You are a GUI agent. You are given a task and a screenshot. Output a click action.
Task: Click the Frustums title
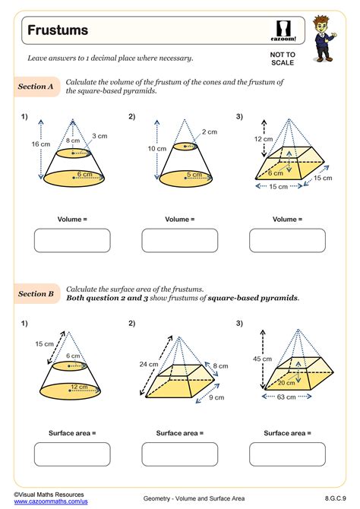click(58, 30)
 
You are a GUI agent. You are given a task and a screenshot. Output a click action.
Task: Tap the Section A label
click(36, 87)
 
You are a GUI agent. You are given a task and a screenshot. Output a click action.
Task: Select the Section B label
click(36, 293)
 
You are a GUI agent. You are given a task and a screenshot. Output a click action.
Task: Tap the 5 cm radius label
click(194, 174)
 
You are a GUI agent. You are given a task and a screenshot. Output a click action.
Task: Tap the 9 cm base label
click(216, 397)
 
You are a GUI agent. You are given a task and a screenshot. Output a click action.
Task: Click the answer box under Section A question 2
click(179, 240)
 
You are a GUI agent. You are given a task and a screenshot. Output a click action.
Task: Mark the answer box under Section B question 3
click(286, 454)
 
